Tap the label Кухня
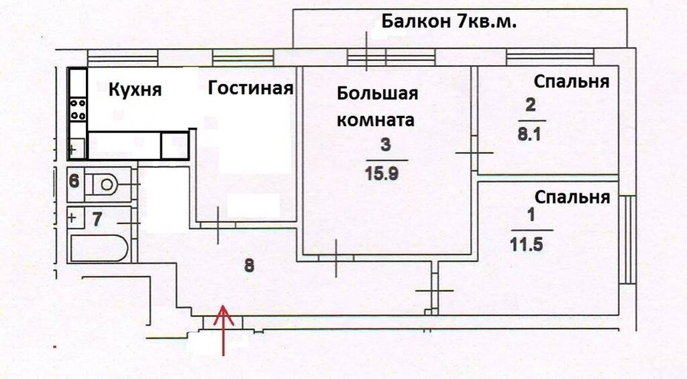point(136,89)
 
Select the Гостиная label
point(250,88)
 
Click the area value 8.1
point(529,133)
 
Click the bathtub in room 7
point(99,248)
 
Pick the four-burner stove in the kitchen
point(78,109)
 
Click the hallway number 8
point(249,265)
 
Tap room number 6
point(74,180)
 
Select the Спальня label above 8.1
point(572,82)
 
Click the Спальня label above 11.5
point(572,198)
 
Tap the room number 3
point(384,144)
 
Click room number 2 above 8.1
point(531,105)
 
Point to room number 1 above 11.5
point(531,216)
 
